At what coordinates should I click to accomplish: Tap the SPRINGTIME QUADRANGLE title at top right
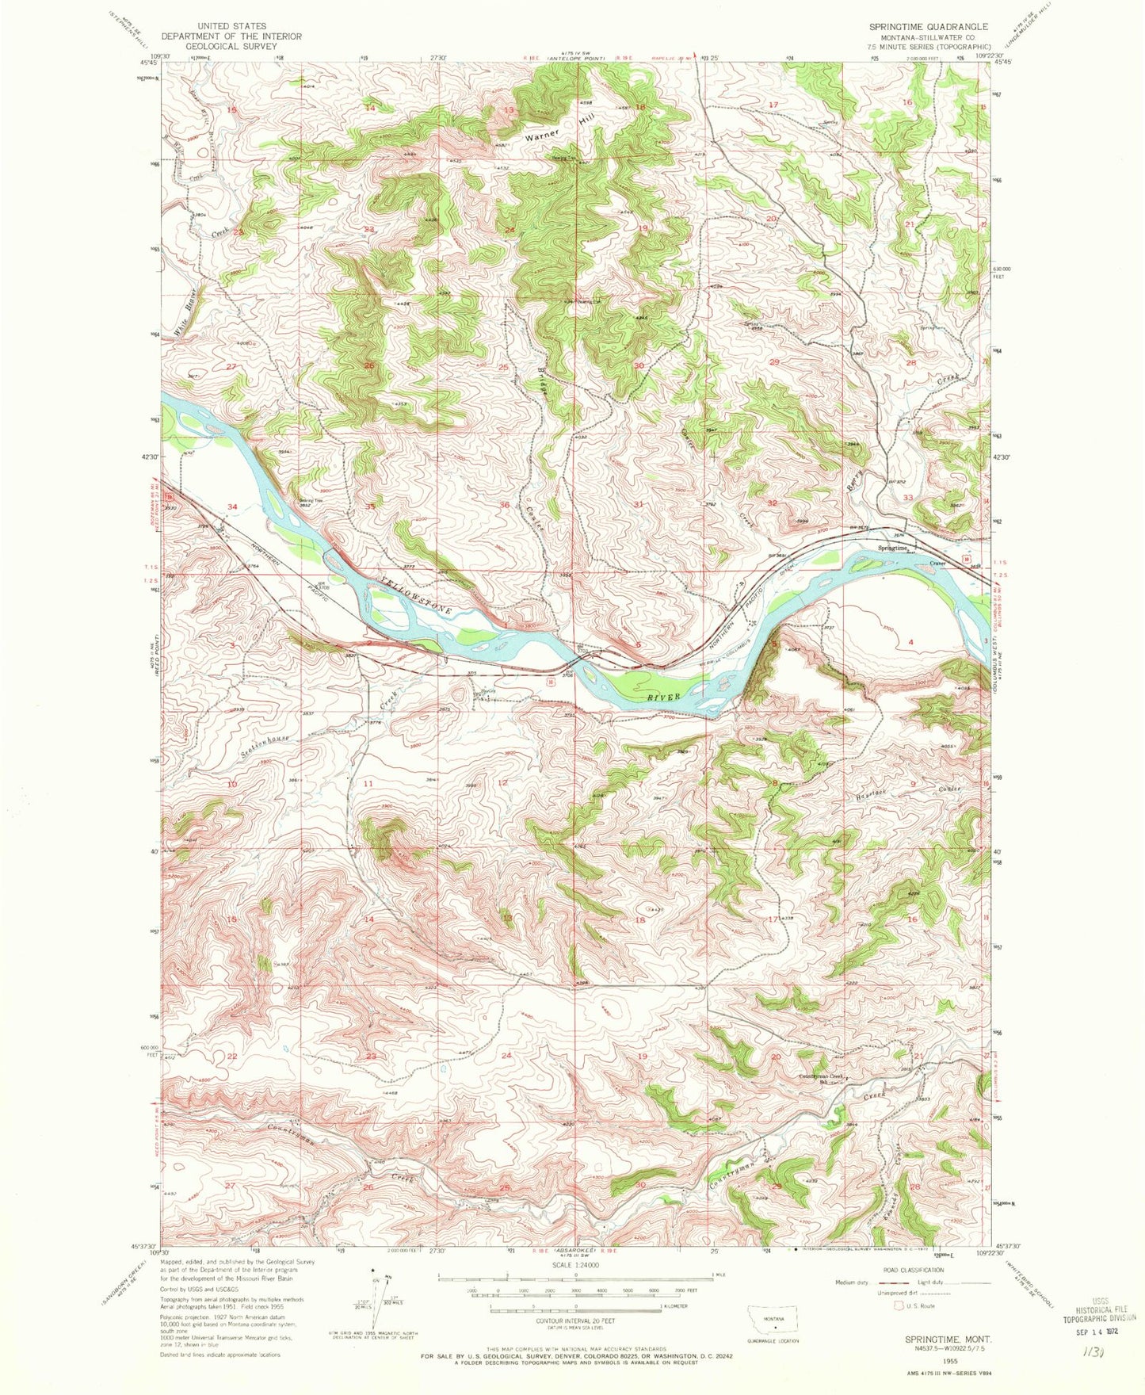(928, 26)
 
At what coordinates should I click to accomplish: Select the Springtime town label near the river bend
(892, 548)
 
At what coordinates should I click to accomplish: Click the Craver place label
(937, 564)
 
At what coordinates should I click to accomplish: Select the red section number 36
(504, 505)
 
